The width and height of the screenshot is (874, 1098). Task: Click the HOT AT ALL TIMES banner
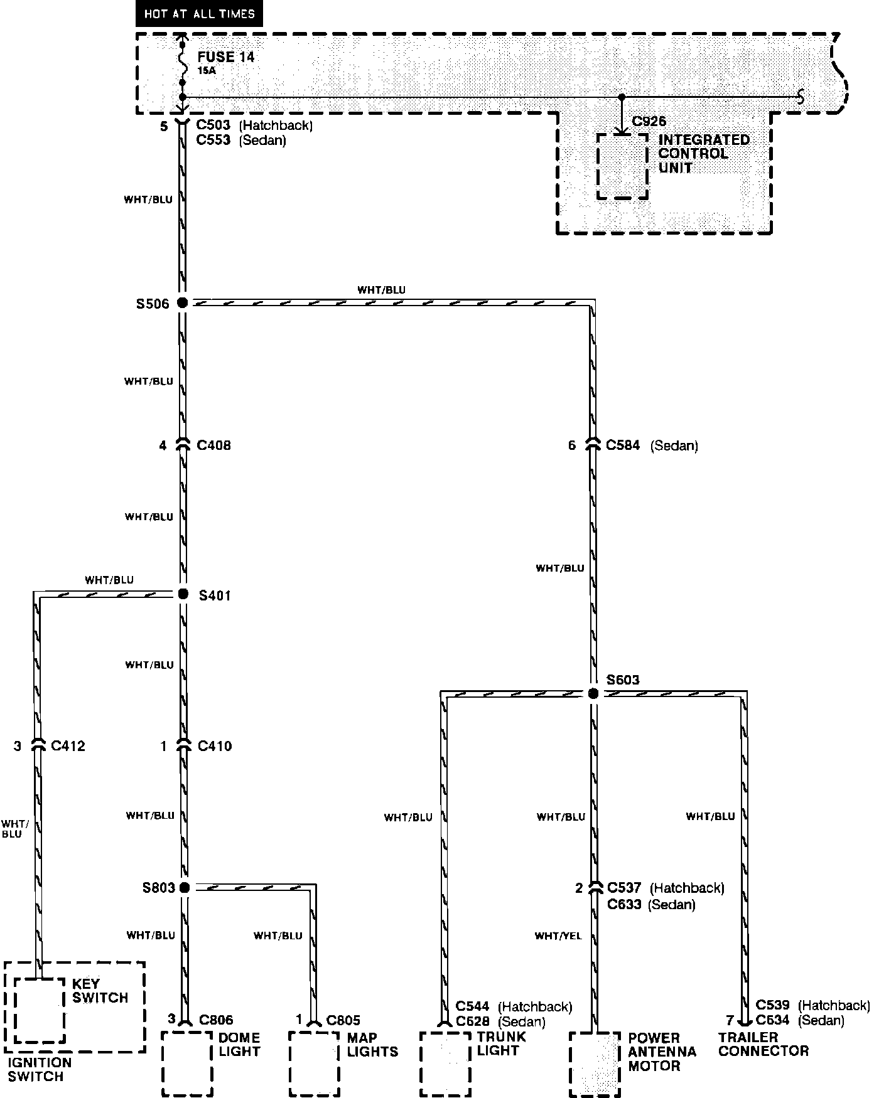coord(199,14)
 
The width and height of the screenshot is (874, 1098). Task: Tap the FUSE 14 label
coord(226,57)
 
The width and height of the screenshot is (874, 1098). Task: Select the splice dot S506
coord(182,303)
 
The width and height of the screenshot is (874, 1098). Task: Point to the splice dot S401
coord(183,594)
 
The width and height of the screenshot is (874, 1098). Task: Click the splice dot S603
coord(593,693)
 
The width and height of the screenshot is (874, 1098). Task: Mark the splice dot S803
coord(184,887)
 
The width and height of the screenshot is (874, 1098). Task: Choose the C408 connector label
coord(213,445)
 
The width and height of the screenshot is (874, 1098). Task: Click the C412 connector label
coord(68,746)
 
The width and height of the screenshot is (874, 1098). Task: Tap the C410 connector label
coord(215,746)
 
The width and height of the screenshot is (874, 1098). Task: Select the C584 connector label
coord(623,445)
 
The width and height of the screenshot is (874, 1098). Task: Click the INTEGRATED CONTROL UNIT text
coord(703,154)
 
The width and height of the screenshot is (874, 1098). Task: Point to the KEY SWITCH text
coord(100,991)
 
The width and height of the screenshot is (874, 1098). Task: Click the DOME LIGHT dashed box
coord(187,1063)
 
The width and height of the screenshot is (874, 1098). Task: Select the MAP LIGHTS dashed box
coord(314,1063)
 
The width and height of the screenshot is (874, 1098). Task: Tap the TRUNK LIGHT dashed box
coord(445,1063)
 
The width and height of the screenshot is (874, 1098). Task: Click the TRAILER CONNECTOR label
coord(763,1044)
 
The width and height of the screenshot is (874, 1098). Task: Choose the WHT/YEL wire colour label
coord(558,936)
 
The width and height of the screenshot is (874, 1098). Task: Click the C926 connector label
coord(649,122)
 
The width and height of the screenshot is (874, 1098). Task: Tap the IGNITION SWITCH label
coord(40,1069)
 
